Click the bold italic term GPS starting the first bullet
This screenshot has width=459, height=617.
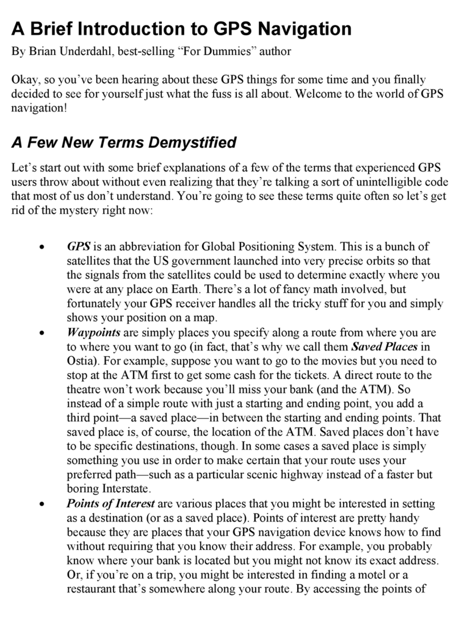pyautogui.click(x=79, y=247)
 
